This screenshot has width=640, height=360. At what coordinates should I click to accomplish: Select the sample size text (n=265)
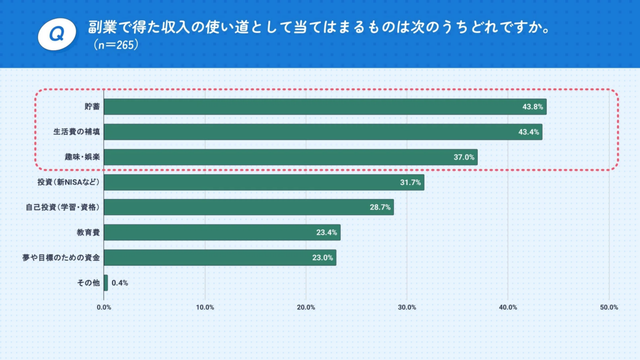tap(116, 45)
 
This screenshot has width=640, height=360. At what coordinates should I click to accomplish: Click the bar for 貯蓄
tap(325, 107)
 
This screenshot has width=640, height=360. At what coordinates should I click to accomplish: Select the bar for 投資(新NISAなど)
tap(264, 182)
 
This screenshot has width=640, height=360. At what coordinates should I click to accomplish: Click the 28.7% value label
tap(381, 207)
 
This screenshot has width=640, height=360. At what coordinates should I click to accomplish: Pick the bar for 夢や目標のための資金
tap(220, 258)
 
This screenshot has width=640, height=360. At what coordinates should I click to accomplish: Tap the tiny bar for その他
tap(106, 283)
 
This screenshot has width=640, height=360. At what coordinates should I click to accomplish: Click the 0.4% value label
tap(120, 283)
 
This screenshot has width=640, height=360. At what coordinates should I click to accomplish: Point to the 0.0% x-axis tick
tap(104, 307)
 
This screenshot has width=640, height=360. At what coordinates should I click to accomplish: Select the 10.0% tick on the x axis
tap(205, 307)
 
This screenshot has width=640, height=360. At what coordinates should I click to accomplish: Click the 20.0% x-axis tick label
tap(306, 307)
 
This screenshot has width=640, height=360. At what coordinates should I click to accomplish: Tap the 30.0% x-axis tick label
tap(407, 307)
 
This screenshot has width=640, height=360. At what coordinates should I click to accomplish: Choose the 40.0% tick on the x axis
tap(508, 307)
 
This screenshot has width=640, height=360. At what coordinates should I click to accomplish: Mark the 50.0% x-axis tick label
tap(609, 307)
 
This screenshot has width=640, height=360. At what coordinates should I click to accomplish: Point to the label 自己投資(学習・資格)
tap(63, 207)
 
